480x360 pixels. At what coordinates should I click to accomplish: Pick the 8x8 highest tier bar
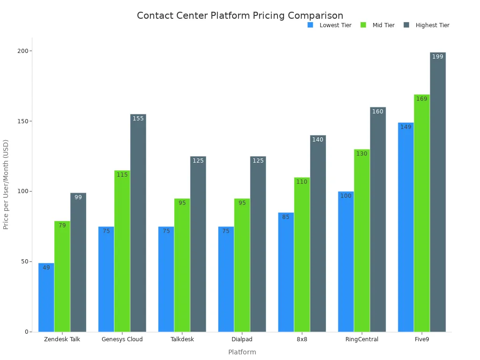tap(318, 234)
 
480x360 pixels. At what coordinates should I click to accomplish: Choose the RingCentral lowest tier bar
tap(346, 262)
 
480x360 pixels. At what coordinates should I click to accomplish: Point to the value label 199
tap(438, 57)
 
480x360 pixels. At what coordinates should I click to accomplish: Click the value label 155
tap(138, 119)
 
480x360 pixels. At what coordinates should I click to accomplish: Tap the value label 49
tap(46, 268)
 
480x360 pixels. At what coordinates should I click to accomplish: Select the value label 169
tap(422, 99)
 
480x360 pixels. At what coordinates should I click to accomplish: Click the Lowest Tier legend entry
tap(330, 25)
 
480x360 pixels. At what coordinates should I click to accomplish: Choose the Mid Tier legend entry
tap(378, 25)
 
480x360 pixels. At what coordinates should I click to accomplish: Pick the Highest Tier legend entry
tap(426, 25)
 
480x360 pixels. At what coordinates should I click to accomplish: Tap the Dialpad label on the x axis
tap(242, 339)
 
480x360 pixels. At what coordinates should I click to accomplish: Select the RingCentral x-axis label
tap(361, 339)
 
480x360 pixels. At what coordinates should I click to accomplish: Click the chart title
tap(240, 15)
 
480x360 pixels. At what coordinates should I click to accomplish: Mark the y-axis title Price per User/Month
tap(6, 184)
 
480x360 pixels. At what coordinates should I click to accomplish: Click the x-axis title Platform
tap(242, 352)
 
